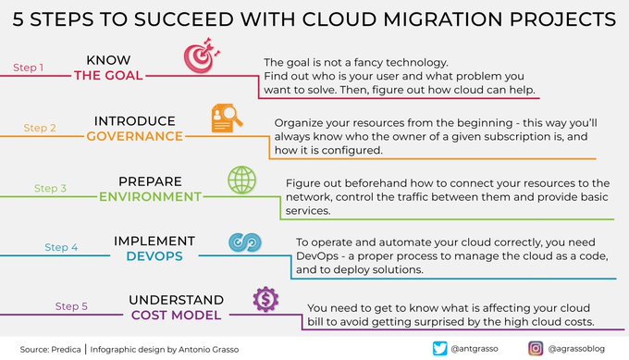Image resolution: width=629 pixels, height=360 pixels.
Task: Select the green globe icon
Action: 242,179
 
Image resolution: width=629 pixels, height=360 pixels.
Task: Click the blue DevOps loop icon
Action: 243,242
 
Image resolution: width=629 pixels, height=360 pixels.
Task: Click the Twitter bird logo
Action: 440,348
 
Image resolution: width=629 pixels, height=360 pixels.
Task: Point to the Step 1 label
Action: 30,68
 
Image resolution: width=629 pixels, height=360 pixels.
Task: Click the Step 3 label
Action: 51,188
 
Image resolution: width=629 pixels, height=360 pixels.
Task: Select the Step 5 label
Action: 71,305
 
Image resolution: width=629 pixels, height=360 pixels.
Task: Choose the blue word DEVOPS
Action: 154,256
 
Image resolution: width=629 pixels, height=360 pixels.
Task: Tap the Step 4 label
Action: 61,247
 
